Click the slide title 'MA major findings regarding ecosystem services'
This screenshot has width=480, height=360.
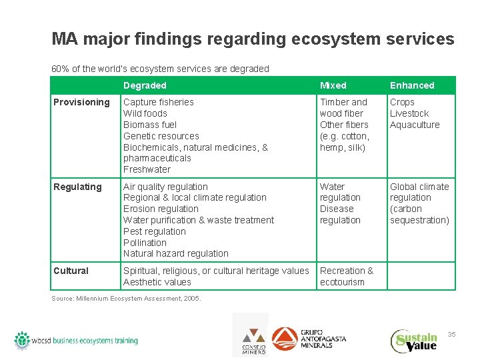[x=253, y=39]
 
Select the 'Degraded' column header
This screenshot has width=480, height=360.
[x=145, y=85]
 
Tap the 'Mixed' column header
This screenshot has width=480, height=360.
[x=333, y=85]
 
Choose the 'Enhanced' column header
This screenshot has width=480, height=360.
[x=411, y=85]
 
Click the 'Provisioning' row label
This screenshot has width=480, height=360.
[x=81, y=102]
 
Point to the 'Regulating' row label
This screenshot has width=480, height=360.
[x=77, y=187]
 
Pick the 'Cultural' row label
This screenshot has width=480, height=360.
[x=71, y=271]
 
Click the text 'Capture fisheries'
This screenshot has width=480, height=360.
[x=159, y=102]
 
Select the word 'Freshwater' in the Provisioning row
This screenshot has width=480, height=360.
[x=147, y=169]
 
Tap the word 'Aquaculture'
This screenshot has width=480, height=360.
[x=415, y=125]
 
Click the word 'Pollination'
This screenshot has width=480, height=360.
[x=145, y=243]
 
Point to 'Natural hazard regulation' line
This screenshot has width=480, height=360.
[x=175, y=253]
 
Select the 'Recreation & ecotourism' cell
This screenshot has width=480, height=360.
[x=347, y=276]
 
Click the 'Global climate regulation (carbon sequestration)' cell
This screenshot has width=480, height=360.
[x=419, y=203]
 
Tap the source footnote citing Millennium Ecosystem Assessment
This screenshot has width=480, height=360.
[x=126, y=298]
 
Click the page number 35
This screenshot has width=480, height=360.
[x=451, y=334]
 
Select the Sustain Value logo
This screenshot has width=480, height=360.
[x=414, y=341]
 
